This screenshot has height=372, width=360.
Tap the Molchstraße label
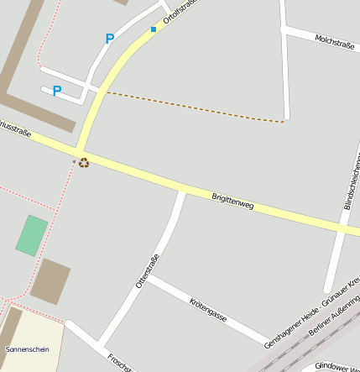tap(335, 42)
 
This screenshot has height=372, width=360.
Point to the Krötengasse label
tap(208, 309)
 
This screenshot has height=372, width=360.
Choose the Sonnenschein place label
tap(27, 348)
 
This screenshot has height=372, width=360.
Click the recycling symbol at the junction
tap(84, 162)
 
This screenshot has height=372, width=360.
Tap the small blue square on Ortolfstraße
tap(154, 29)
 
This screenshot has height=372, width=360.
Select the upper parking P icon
tap(109, 39)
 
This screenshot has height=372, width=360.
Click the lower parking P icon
tap(57, 91)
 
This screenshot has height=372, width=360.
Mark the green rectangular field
tap(32, 235)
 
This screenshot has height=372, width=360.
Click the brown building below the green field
tap(50, 281)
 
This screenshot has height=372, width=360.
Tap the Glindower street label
tap(336, 366)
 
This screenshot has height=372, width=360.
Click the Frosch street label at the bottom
tap(117, 362)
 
